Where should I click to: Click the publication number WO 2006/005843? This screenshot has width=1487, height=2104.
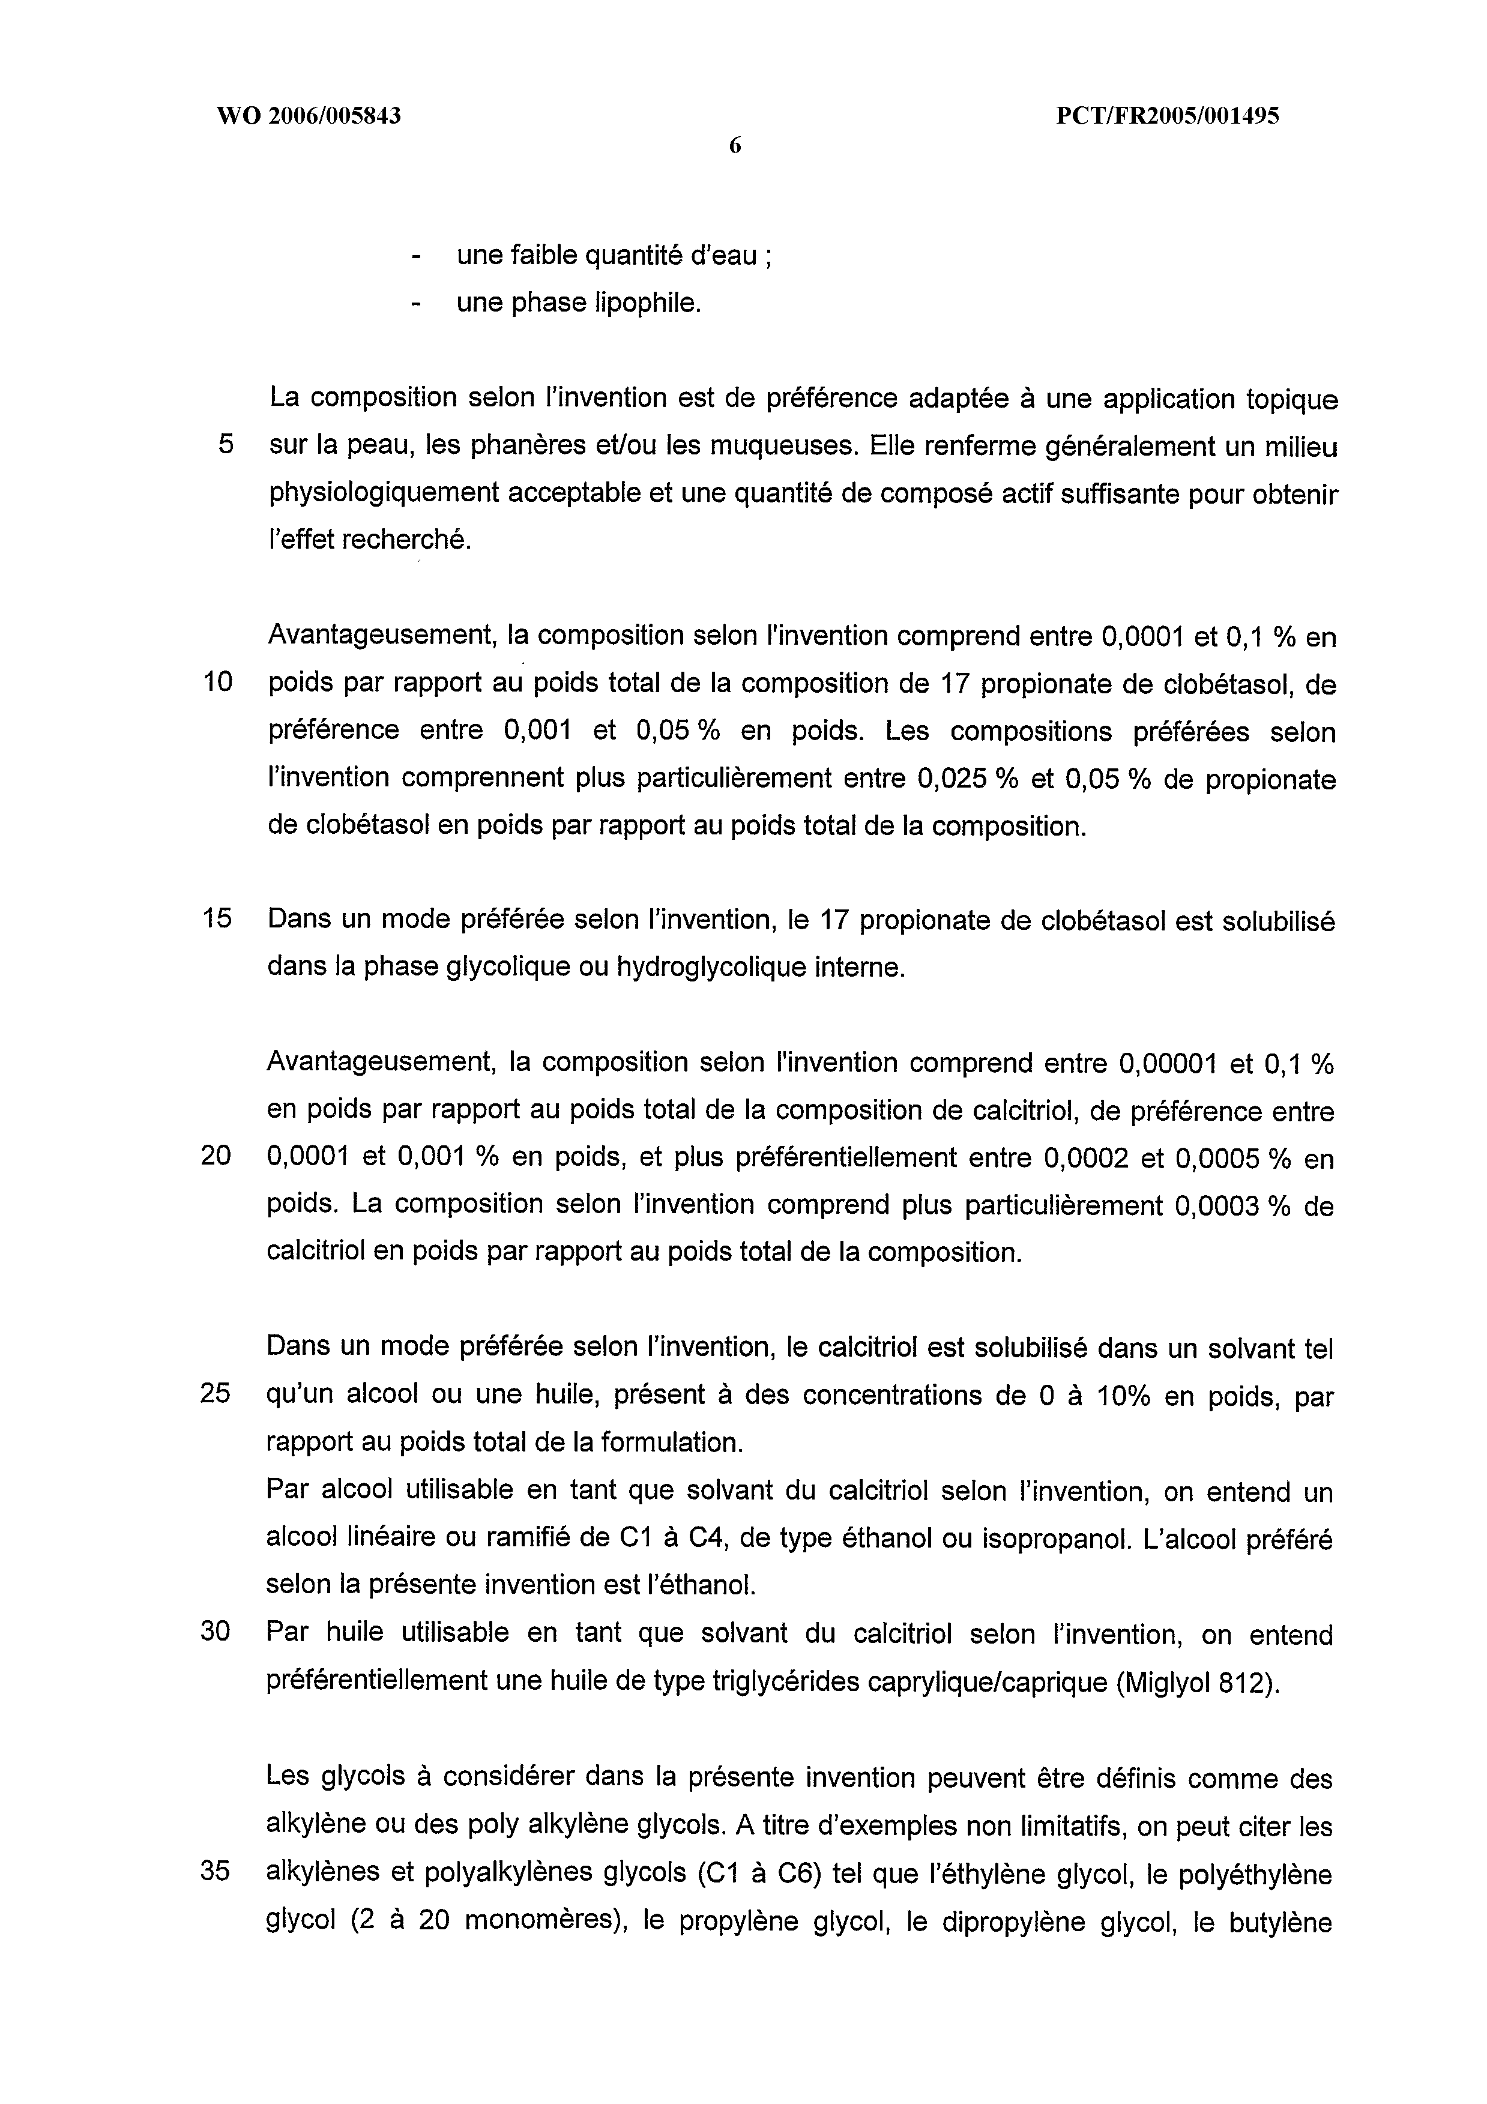point(308,116)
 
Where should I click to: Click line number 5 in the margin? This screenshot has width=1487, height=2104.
point(225,445)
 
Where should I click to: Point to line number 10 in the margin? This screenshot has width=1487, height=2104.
point(217,682)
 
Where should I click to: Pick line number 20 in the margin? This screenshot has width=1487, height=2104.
point(216,1156)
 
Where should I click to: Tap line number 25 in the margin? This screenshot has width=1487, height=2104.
point(216,1394)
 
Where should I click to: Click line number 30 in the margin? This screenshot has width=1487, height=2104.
point(216,1631)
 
